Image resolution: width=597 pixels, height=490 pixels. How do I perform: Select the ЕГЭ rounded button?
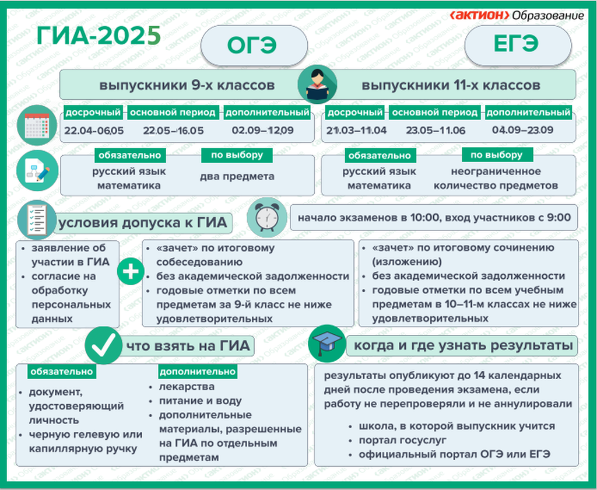518,45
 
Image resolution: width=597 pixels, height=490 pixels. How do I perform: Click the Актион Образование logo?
517,15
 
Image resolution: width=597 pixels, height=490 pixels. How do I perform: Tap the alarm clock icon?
266,218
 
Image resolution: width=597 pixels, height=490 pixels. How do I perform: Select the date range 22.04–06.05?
94,131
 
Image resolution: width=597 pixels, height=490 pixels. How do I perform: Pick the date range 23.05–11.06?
436,131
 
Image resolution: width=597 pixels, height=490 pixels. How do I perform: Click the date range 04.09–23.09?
522,130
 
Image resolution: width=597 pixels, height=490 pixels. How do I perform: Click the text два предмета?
237,176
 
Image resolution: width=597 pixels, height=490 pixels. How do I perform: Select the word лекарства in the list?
187,387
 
